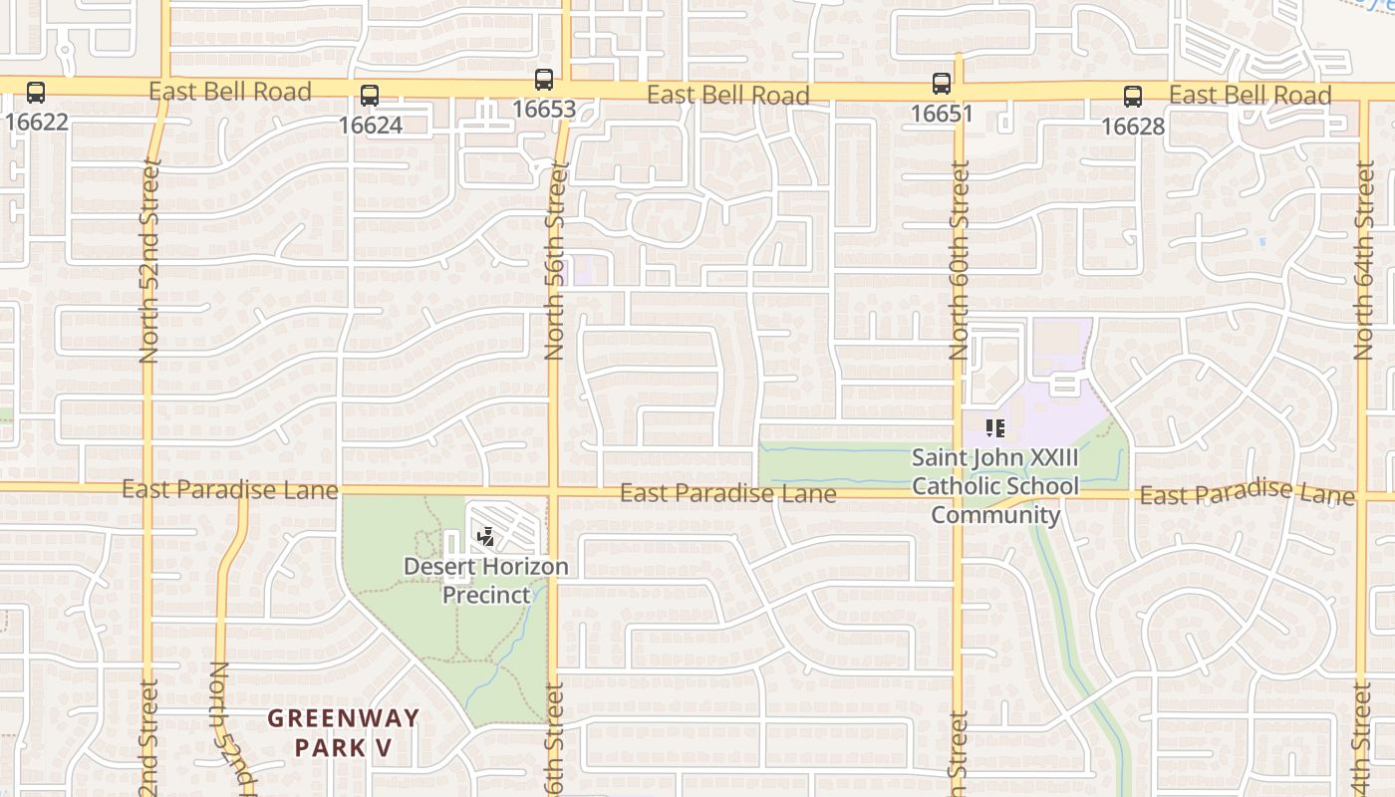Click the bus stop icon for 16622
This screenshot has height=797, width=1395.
point(36,93)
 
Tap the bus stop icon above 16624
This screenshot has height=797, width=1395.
point(370,96)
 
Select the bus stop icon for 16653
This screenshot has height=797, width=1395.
point(544,80)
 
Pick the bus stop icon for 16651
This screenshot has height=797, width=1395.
point(942,84)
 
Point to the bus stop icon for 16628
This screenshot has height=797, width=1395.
point(1133,97)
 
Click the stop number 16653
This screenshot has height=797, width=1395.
point(544,109)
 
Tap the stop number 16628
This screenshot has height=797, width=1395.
point(1133,127)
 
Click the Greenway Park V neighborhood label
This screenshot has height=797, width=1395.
point(344,732)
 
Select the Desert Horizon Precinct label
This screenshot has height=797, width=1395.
point(486,581)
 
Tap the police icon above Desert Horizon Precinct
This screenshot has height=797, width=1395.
point(486,538)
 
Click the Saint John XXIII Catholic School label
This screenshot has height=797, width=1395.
point(995,486)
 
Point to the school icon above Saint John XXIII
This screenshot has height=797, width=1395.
point(994,428)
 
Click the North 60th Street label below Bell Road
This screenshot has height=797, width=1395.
point(960,261)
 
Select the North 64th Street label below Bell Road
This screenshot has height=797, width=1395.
point(1364,261)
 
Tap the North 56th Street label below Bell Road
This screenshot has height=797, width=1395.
point(555,261)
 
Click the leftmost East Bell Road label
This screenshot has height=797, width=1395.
point(230,92)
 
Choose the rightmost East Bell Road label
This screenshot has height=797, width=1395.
point(1250,96)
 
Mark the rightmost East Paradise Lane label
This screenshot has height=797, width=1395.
point(1247,493)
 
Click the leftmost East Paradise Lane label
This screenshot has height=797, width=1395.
point(230,489)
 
